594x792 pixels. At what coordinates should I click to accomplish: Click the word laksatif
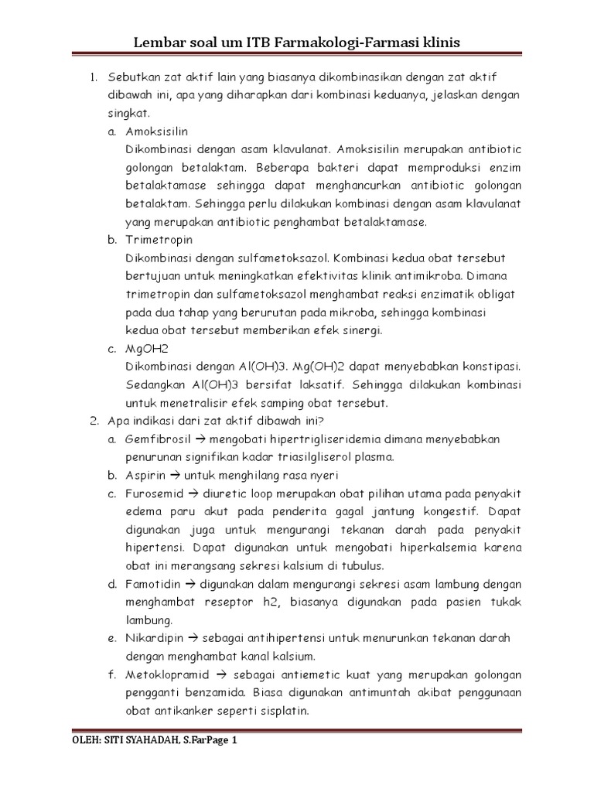325,385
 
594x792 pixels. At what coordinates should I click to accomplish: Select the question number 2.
94,422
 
